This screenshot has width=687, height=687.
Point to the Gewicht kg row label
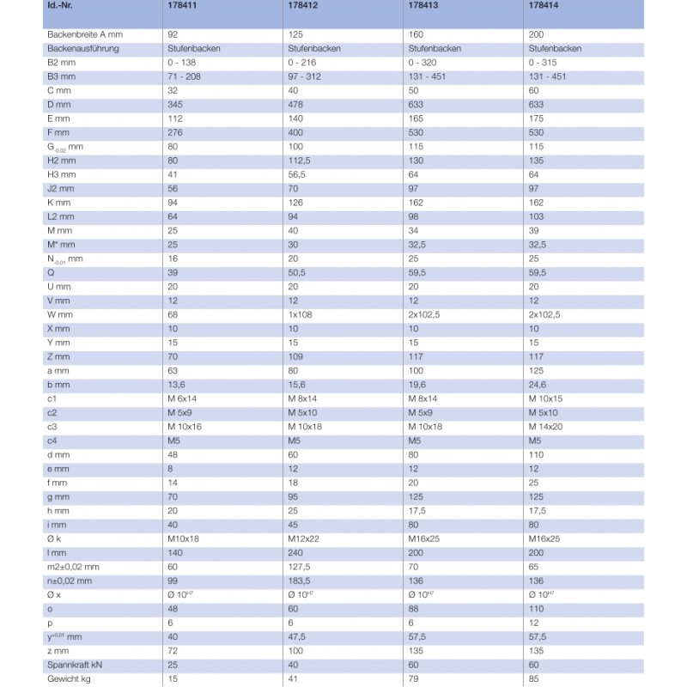69,678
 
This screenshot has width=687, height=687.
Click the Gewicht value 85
534,678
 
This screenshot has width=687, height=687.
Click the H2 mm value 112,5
300,160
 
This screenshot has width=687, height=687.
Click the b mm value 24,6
538,385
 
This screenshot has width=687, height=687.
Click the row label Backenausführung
82,49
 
